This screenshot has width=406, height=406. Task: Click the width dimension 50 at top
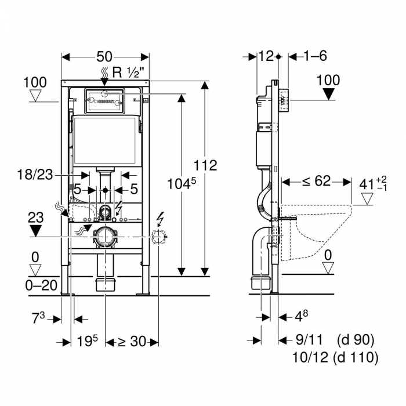[x=104, y=57]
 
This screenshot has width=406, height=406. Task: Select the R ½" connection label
[x=128, y=72]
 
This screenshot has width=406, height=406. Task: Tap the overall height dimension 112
[x=205, y=165]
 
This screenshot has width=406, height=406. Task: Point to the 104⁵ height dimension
[x=182, y=184]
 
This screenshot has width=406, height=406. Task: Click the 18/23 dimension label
[x=35, y=175]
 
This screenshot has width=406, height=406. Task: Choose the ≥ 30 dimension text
[x=132, y=341]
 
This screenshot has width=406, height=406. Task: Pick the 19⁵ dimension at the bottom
[x=88, y=341]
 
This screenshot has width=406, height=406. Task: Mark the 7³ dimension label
[x=38, y=318]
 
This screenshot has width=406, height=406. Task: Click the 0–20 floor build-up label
[x=41, y=285]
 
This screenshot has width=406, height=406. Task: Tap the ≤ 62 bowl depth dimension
[x=317, y=181]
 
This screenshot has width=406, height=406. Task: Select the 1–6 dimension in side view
[x=315, y=56]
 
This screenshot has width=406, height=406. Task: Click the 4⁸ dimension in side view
[x=302, y=316]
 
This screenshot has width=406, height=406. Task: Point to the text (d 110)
[x=356, y=357]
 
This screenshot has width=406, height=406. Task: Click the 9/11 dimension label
[x=310, y=339]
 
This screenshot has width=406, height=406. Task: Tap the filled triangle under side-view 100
[x=329, y=94]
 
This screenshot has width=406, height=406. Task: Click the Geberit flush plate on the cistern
[x=104, y=101]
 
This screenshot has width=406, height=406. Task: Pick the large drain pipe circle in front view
[x=105, y=237]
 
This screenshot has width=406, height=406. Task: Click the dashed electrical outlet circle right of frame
[x=158, y=237]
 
